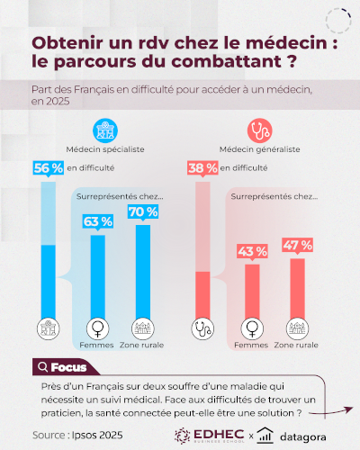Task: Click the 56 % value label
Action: [47, 167]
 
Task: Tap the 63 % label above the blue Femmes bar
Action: [97, 221]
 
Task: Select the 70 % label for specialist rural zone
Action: [142, 212]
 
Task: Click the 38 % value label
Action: [202, 167]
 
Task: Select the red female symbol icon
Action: [252, 328]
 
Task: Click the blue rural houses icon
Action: [142, 328]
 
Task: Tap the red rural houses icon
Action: [297, 328]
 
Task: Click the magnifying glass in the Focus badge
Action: [41, 366]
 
